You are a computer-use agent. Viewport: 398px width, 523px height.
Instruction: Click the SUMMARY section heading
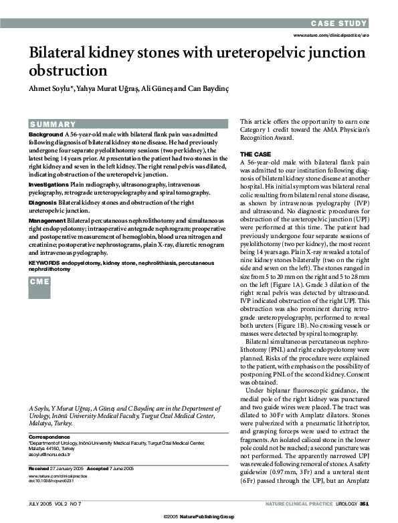(54, 124)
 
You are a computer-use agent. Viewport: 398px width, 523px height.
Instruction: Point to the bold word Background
(45, 134)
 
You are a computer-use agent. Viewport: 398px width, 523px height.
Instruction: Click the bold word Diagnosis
(42, 201)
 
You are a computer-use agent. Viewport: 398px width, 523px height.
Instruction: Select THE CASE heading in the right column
(256, 154)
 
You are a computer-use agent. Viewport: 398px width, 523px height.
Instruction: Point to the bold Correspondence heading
(48, 435)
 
